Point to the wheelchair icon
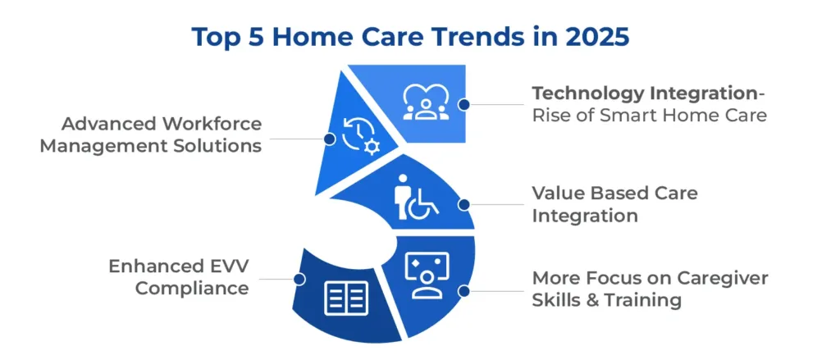pos(416,197)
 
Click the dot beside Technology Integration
pos(464,104)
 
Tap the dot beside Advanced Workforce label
pos(330,139)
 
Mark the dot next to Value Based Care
pos(464,204)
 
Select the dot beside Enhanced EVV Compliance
pos(299,279)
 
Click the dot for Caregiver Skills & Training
pos(464,291)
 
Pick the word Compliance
pos(192,289)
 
